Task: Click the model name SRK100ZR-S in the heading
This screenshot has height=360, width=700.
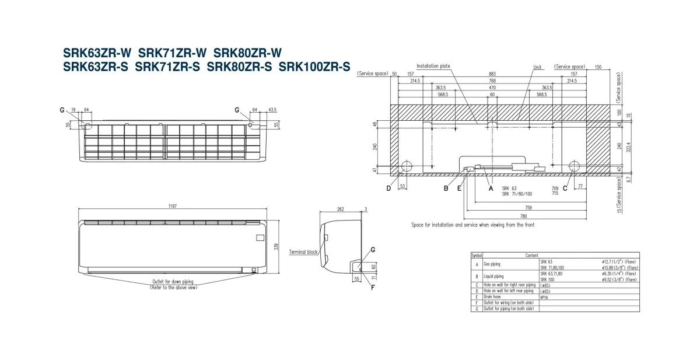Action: pos(314,67)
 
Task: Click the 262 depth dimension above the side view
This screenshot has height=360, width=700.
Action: pos(340,209)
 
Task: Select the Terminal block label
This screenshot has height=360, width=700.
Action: pos(304,252)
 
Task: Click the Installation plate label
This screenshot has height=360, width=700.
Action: pos(433,67)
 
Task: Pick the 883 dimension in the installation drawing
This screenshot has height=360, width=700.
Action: pos(492,74)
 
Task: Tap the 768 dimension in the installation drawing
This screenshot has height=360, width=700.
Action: pos(492,81)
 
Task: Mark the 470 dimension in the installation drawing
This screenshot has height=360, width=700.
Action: pos(492,88)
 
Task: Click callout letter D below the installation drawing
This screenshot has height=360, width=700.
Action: pos(388,188)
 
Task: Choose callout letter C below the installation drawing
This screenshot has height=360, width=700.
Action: pos(565,188)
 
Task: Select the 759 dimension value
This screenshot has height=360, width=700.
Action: pos(528,208)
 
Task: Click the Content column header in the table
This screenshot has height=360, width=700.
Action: pos(531,256)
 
